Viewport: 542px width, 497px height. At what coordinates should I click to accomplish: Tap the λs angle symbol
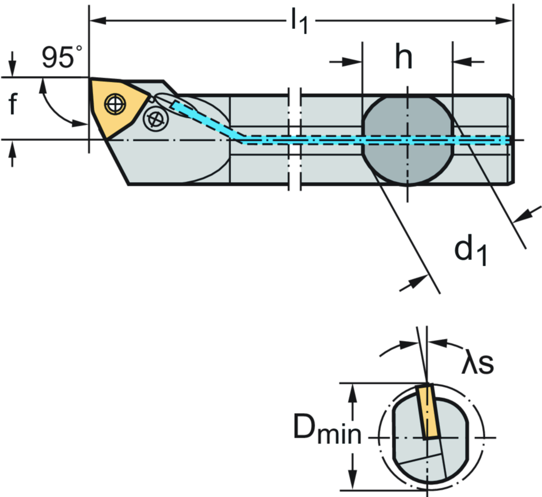click(x=479, y=363)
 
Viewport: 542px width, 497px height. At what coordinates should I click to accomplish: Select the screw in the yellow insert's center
click(x=114, y=104)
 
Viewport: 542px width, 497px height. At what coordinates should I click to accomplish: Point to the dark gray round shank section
click(x=407, y=140)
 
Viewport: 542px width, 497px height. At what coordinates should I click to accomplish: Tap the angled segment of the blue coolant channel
click(x=206, y=121)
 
